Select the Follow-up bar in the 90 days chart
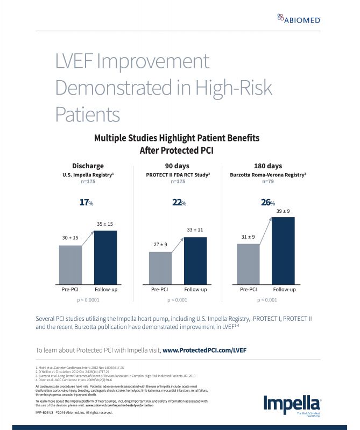[195, 260]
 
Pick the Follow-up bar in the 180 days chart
[284, 250]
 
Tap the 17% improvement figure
[86, 203]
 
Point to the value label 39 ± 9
[284, 211]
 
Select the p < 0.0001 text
[88, 300]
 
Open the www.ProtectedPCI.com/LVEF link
[204, 349]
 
